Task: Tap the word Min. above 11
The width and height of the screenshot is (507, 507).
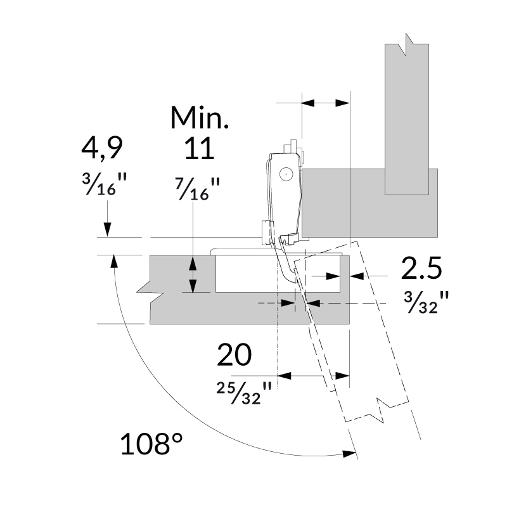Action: tap(199, 118)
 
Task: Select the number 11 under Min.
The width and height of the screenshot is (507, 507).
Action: tap(199, 149)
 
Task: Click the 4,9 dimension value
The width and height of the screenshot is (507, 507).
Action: tap(101, 149)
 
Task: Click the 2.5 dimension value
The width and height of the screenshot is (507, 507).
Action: tap(421, 268)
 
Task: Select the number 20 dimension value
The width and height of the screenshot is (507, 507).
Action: tap(234, 355)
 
